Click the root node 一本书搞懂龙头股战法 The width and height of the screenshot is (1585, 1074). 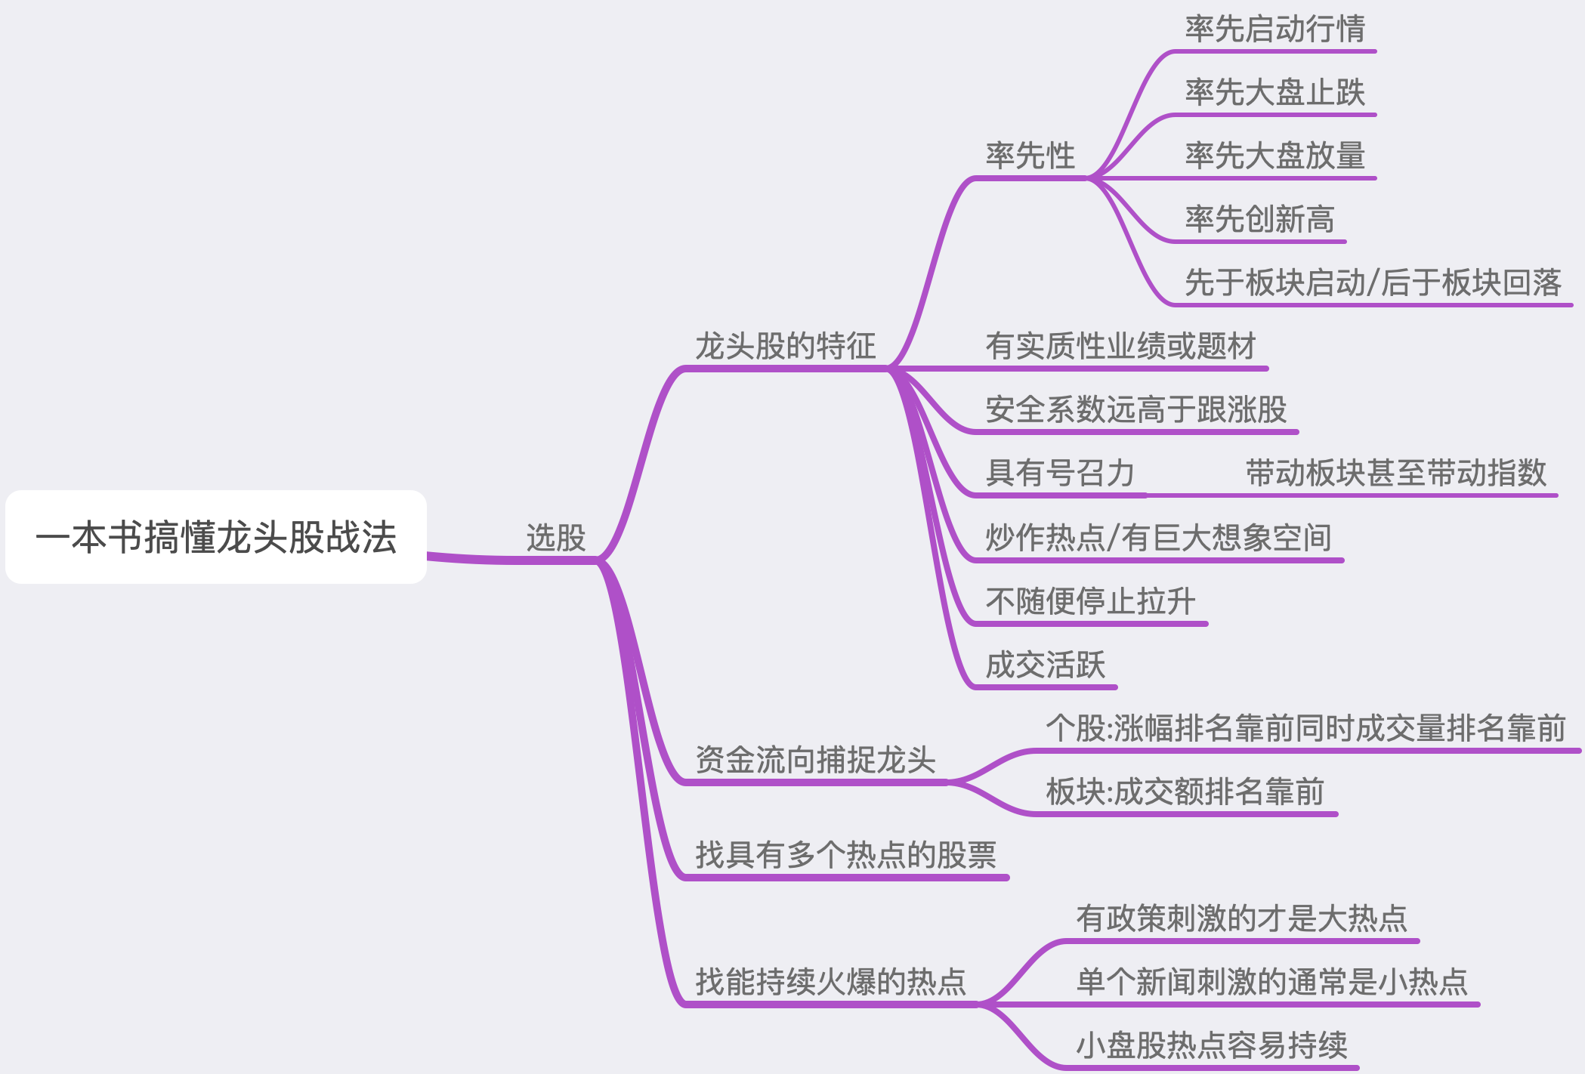pos(216,537)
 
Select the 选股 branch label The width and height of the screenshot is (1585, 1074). pos(556,538)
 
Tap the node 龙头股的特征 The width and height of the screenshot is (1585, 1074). pos(785,346)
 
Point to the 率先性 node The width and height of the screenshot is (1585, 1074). pos(1030,156)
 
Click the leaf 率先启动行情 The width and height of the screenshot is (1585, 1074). pos(1274,29)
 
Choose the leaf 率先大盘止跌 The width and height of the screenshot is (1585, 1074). pos(1274,93)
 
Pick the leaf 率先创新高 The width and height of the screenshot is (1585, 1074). pos(1259,219)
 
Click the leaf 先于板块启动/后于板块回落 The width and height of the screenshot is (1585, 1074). pos(1373,282)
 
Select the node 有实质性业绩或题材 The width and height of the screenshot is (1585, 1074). pos(1120,346)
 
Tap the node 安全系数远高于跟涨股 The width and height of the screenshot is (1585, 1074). pos(1135,409)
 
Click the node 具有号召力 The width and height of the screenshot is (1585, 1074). pos(1060,473)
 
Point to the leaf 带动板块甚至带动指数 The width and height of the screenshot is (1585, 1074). pos(1395,473)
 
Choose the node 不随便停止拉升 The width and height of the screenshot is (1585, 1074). pos(1090,601)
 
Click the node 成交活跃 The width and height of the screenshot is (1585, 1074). pos(1045,665)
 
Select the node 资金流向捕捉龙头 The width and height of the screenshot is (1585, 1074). pos(815,760)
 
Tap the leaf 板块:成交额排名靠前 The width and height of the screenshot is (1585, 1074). pos(1185,792)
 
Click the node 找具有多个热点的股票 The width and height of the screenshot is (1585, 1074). pos(845,855)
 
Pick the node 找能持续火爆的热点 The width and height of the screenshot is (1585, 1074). pos(830,982)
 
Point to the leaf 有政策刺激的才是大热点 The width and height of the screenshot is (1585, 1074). pos(1241,918)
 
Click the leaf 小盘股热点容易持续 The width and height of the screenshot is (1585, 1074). pos(1211,1045)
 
